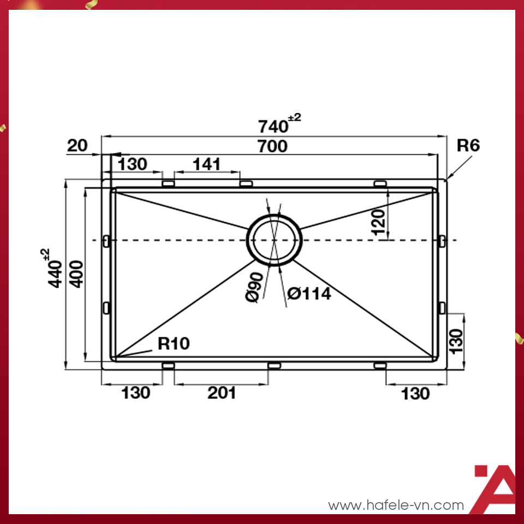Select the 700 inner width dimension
(273, 146)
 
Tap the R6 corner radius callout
(468, 146)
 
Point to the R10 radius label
(174, 343)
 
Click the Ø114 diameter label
(309, 294)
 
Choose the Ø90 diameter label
(255, 287)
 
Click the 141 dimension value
(206, 164)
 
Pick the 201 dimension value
(222, 393)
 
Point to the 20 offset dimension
(77, 146)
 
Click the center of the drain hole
(274, 240)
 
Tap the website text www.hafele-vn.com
(396, 505)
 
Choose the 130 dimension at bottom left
(135, 393)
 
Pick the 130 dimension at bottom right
(415, 394)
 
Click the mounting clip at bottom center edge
(274, 365)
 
